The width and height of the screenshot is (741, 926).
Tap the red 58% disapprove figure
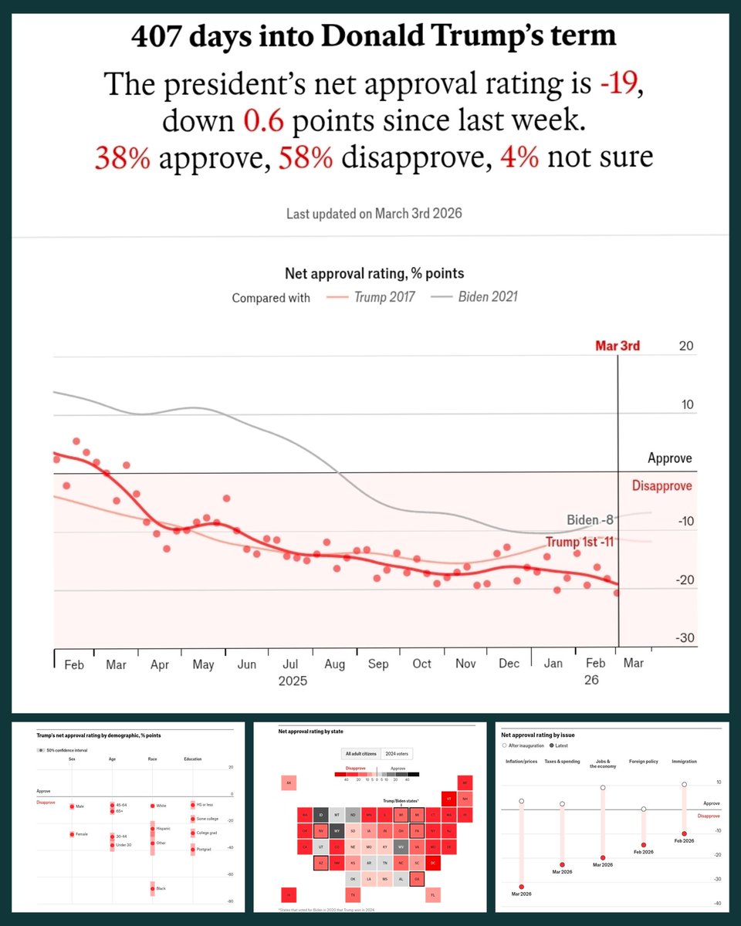click(x=312, y=157)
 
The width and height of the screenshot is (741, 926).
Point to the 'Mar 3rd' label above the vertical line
click(x=617, y=346)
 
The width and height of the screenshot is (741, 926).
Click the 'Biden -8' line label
click(x=590, y=519)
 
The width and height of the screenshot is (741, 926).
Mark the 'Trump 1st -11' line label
click(x=579, y=542)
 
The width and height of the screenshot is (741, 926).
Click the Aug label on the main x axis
click(x=334, y=664)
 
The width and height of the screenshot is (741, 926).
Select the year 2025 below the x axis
click(x=292, y=681)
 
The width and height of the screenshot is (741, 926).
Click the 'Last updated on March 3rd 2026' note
click(x=374, y=214)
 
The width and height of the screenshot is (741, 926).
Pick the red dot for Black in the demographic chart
click(x=152, y=889)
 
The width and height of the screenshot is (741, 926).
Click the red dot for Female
click(x=72, y=834)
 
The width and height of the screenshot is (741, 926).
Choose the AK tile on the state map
click(x=289, y=782)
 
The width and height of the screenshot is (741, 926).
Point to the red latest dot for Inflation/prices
click(x=522, y=887)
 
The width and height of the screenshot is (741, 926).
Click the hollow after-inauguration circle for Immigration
click(x=684, y=785)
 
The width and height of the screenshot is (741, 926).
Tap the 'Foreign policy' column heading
click(x=643, y=762)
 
